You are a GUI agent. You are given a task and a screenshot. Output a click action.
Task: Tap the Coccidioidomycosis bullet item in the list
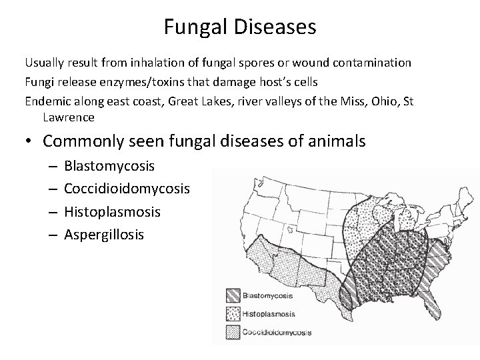[127, 189]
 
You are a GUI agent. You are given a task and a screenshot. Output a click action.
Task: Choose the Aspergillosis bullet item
[103, 235]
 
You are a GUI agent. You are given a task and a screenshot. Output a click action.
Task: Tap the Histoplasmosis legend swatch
[233, 313]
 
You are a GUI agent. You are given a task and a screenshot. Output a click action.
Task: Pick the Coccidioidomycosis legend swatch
[233, 331]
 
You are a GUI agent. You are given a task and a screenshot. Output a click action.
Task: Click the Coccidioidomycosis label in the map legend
[276, 331]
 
